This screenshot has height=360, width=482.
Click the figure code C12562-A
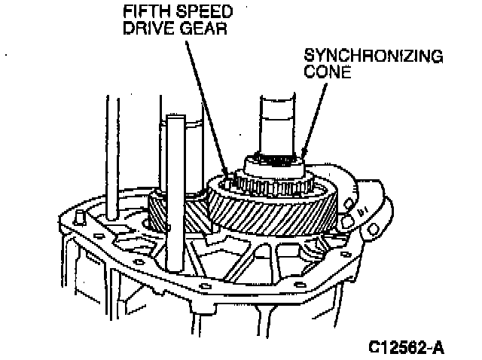pos(407,347)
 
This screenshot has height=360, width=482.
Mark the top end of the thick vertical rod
pos(175,117)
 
